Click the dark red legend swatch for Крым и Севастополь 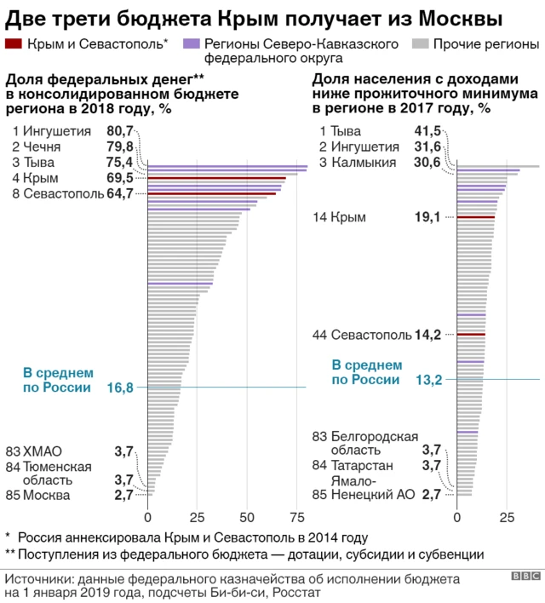click(x=14, y=43)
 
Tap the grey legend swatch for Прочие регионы click(x=420, y=43)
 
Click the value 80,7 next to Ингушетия click(x=119, y=131)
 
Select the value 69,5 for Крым click(x=119, y=178)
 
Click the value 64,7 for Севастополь click(x=119, y=193)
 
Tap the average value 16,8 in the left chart click(x=120, y=388)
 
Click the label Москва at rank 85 click(x=47, y=495)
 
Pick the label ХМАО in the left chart click(x=43, y=451)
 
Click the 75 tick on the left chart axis click(x=298, y=517)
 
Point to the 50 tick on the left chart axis click(x=248, y=517)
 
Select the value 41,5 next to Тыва click(x=427, y=131)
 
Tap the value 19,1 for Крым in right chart click(x=427, y=217)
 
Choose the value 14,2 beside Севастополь click(x=427, y=335)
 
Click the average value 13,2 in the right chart click(x=427, y=380)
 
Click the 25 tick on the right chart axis click(x=508, y=517)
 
